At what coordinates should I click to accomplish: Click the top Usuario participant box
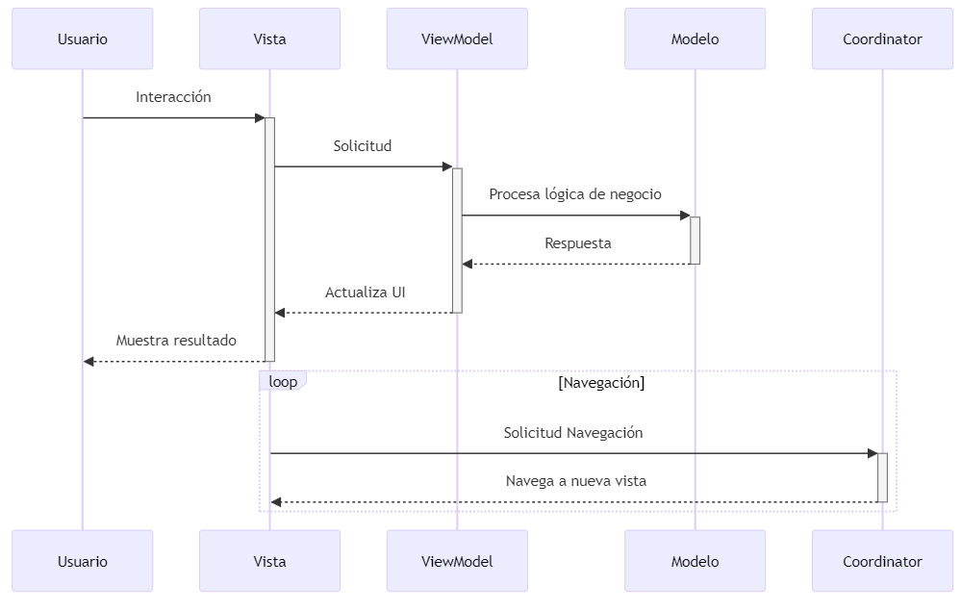click(82, 39)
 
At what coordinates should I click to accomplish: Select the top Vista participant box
click(269, 39)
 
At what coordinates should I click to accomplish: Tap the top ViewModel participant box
click(457, 39)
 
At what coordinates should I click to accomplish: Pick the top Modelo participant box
click(695, 39)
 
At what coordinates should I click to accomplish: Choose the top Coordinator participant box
click(882, 39)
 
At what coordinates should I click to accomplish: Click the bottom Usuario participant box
click(82, 561)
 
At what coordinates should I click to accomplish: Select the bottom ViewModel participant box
click(457, 561)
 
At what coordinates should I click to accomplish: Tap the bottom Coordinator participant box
click(882, 561)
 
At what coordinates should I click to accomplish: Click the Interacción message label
click(173, 97)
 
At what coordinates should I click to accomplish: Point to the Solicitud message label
click(363, 146)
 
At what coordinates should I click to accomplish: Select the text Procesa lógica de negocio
click(575, 194)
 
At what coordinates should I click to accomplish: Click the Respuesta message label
click(577, 243)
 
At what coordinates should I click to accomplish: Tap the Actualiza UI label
click(365, 293)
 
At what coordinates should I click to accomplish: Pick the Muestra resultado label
click(176, 341)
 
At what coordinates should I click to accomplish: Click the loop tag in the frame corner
click(283, 382)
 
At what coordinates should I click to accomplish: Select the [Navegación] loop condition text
click(601, 383)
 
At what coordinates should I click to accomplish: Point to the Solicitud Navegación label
click(573, 433)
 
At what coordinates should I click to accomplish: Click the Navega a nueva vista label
click(575, 481)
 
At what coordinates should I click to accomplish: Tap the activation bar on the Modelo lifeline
click(695, 240)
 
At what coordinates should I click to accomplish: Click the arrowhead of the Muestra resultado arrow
click(89, 362)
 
